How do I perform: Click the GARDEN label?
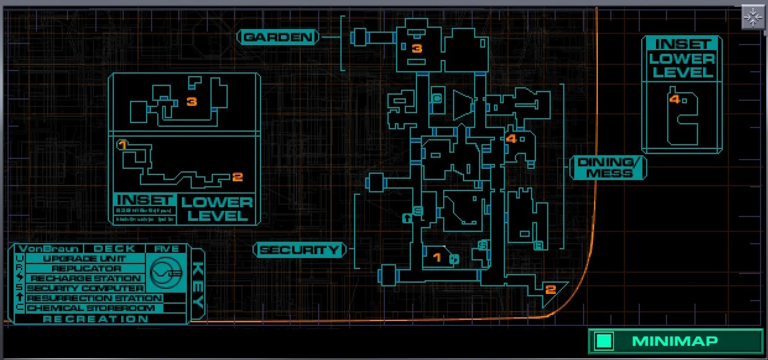pyautogui.click(x=278, y=37)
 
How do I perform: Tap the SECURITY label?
pyautogui.click(x=300, y=250)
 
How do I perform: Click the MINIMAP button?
pyautogui.click(x=675, y=341)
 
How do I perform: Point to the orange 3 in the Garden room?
pyautogui.click(x=417, y=48)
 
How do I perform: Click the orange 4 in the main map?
pyautogui.click(x=511, y=139)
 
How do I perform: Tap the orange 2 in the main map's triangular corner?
pyautogui.click(x=550, y=289)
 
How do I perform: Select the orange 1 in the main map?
pyautogui.click(x=438, y=257)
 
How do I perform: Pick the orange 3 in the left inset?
pyautogui.click(x=192, y=101)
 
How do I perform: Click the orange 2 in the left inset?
pyautogui.click(x=238, y=178)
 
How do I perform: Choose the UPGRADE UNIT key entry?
pyautogui.click(x=85, y=258)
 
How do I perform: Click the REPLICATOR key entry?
pyautogui.click(x=85, y=268)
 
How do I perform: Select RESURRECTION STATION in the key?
pyautogui.click(x=93, y=298)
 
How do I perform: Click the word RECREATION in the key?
pyautogui.click(x=96, y=319)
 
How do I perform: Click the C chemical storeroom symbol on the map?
pyautogui.click(x=437, y=98)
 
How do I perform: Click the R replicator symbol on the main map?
pyautogui.click(x=538, y=246)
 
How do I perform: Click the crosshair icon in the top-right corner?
pyautogui.click(x=753, y=17)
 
